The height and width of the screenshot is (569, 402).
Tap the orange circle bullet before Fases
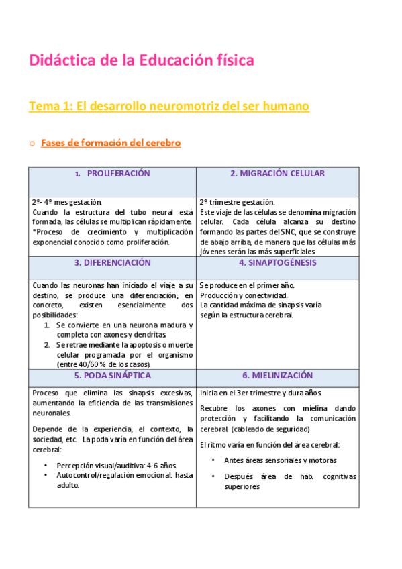click(31, 143)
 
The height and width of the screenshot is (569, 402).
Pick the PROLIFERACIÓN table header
click(118, 174)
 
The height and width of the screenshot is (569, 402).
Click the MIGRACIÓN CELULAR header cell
click(277, 174)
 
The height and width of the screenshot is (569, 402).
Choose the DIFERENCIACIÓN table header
click(112, 262)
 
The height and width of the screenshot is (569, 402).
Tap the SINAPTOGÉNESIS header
click(277, 262)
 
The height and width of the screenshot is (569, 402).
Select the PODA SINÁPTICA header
click(112, 375)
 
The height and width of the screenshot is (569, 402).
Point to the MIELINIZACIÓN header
click(277, 375)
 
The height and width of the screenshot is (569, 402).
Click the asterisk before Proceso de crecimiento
click(34, 232)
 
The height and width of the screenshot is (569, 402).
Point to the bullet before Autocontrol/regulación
click(45, 475)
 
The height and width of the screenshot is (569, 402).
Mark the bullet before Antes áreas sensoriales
click(213, 460)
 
